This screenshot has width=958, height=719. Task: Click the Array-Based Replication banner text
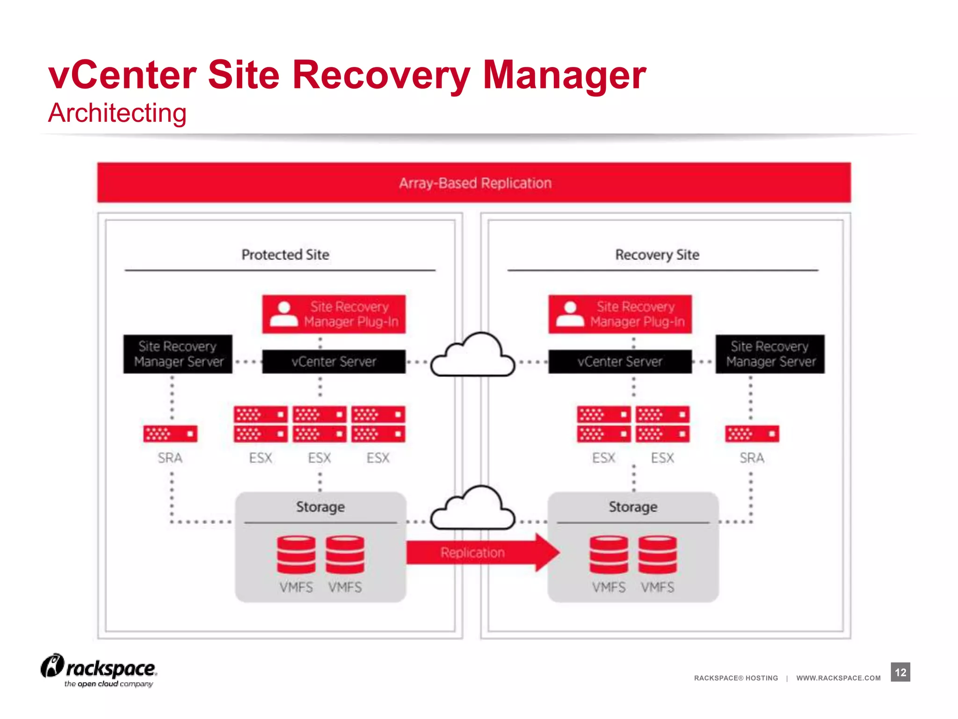475,183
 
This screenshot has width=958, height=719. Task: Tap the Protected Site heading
285,255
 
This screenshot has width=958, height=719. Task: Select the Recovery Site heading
657,255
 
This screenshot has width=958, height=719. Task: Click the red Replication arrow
482,552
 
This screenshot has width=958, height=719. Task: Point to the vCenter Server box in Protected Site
334,361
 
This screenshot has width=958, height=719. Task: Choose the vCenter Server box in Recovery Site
620,361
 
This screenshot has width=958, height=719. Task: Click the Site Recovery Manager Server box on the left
178,354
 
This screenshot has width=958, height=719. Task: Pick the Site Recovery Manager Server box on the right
770,354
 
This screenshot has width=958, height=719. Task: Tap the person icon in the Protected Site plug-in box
284,314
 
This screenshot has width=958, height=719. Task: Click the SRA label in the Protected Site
170,458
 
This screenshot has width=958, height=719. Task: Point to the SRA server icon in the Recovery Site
752,434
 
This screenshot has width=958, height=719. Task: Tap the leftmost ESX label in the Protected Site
261,458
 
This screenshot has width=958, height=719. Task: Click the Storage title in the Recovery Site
633,507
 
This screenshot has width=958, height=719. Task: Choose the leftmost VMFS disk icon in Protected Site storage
296,555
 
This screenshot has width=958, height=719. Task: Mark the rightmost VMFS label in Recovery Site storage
657,587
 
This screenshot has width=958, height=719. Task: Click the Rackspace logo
99,670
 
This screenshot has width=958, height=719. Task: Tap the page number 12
900,672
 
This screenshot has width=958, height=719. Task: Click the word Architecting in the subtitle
117,113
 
